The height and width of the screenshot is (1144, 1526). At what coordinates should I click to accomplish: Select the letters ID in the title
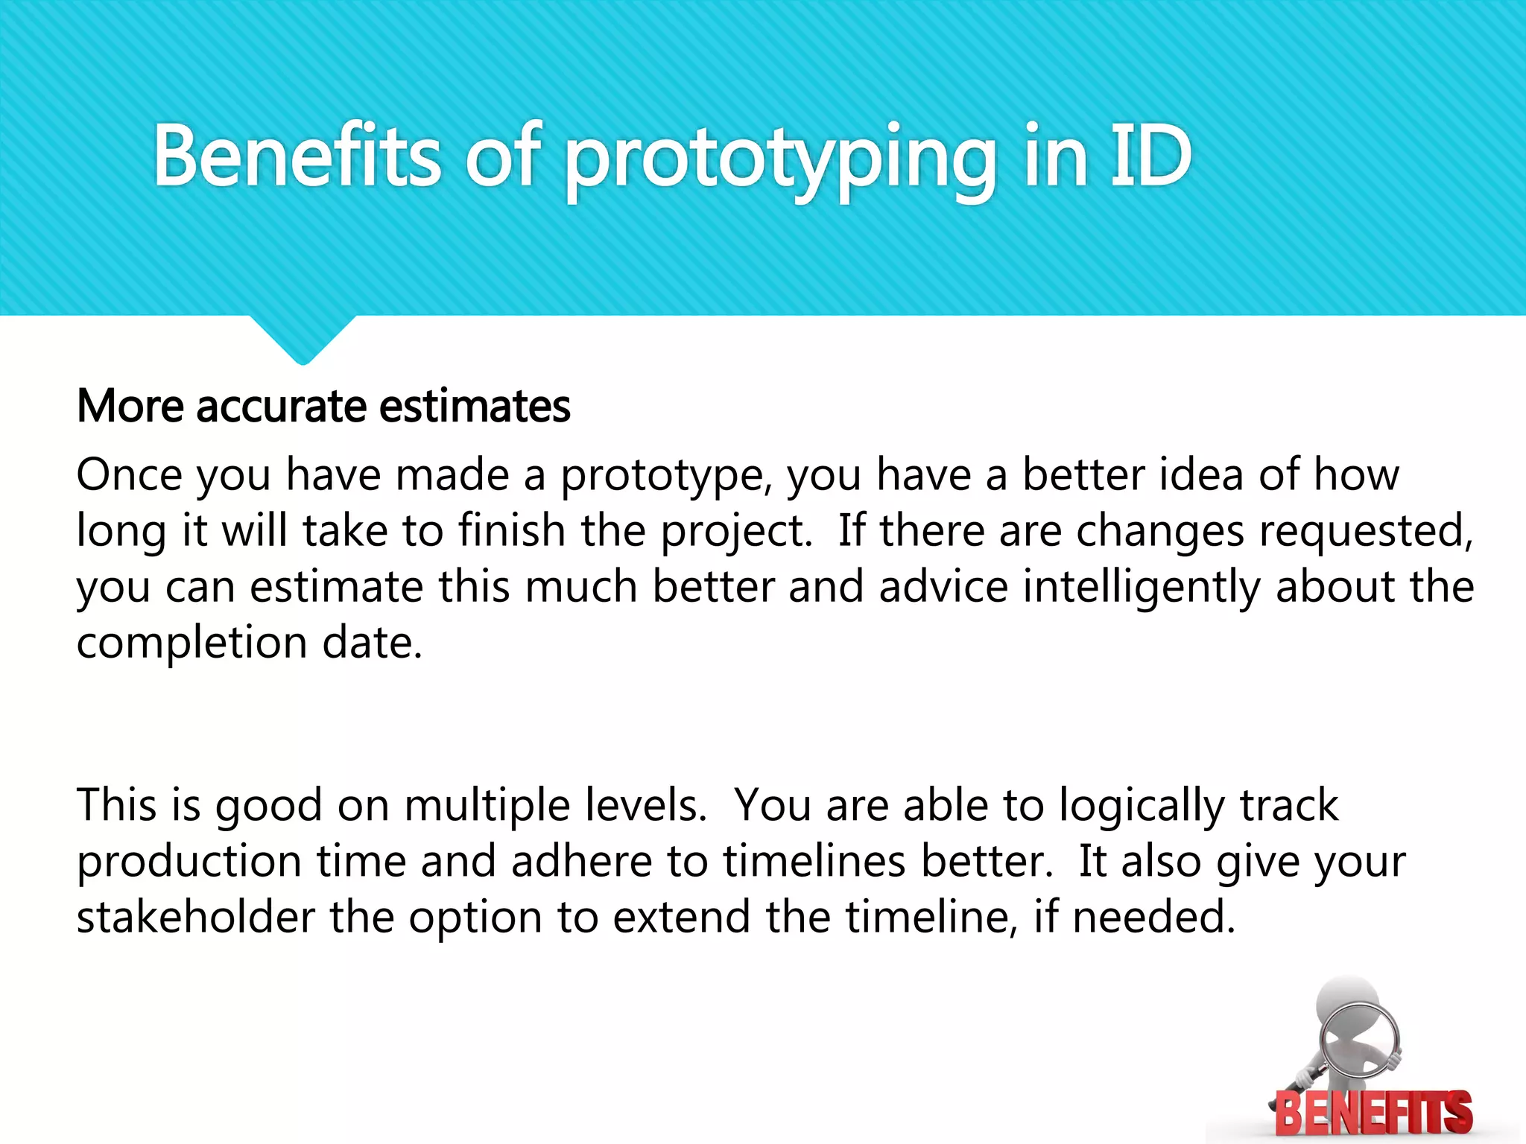(1150, 156)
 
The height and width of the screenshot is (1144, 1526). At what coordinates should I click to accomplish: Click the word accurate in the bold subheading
(281, 407)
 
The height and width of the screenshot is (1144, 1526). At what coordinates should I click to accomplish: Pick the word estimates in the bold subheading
(475, 407)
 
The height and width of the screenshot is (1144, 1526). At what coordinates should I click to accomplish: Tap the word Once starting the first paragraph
(129, 475)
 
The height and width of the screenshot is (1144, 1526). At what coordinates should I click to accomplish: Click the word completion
(191, 643)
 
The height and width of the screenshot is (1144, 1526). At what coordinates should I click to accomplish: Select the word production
(189, 862)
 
